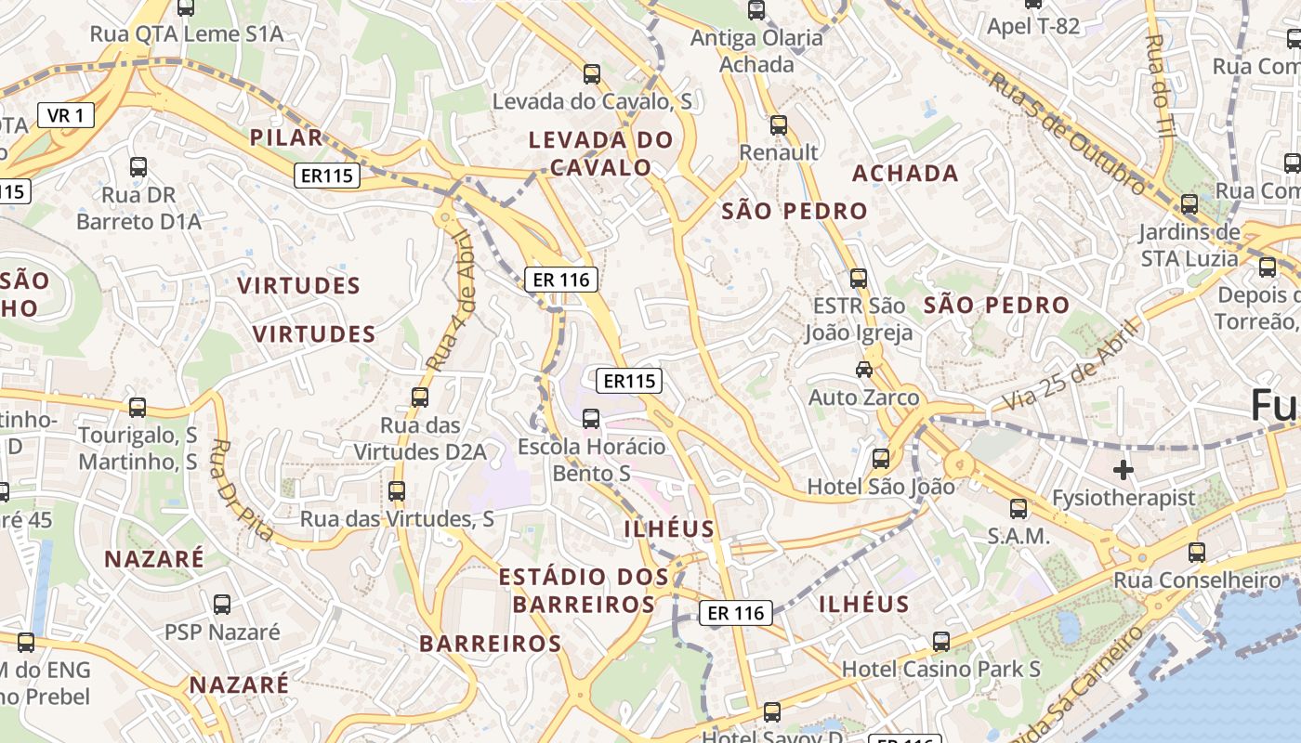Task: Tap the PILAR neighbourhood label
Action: coord(286,137)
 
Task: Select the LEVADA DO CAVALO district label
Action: coord(600,153)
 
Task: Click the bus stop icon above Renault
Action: coord(779,124)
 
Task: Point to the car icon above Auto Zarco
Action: coord(864,369)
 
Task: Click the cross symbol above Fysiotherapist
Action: coord(1124,470)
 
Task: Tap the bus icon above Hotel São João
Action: coord(880,458)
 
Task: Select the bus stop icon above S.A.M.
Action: coord(1018,508)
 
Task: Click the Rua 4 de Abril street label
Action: coord(453,302)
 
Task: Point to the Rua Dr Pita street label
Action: coord(242,489)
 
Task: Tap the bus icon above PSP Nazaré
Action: coord(222,605)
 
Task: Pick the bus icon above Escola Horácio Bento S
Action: coord(591,418)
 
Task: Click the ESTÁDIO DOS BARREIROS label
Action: coord(584,591)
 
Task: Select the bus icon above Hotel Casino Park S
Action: coord(941,641)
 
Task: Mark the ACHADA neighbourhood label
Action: coord(905,174)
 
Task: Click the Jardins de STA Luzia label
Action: coord(1189,244)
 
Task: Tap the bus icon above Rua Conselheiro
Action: coord(1197,553)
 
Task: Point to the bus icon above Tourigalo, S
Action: coord(138,407)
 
